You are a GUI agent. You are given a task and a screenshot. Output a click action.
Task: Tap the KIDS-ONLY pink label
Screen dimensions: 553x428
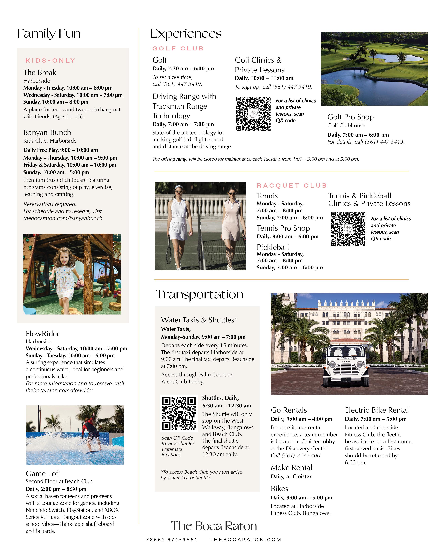click(51, 60)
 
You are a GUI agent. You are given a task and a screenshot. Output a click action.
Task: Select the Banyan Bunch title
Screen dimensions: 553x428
click(47, 132)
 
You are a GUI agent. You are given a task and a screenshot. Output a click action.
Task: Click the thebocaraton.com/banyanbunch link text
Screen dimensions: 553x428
click(63, 218)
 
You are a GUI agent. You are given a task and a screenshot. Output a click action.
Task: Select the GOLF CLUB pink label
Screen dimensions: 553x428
click(178, 48)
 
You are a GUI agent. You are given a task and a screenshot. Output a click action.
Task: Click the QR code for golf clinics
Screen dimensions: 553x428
click(253, 113)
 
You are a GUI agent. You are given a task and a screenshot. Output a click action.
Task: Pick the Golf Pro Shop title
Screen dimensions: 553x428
click(350, 117)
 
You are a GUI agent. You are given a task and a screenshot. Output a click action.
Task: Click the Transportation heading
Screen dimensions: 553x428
click(199, 294)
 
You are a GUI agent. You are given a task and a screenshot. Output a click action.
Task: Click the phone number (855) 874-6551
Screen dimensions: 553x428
click(172, 540)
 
